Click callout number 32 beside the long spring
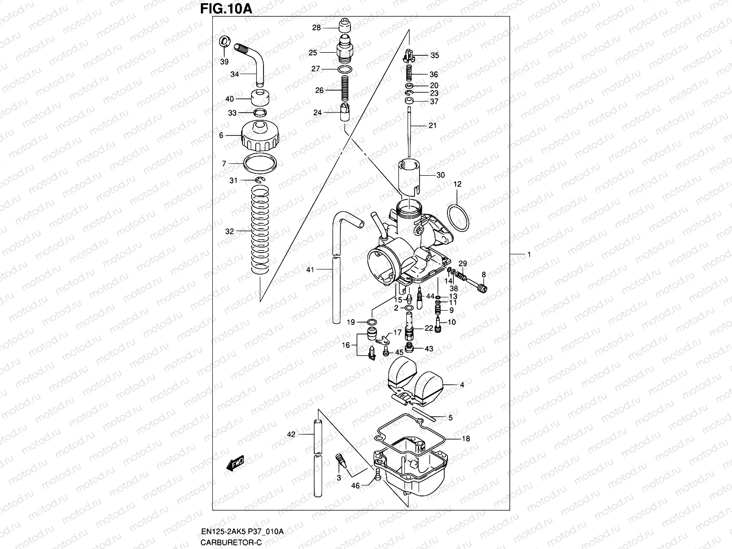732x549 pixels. (229, 231)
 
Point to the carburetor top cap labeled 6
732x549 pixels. (259, 136)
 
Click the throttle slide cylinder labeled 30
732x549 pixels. (409, 176)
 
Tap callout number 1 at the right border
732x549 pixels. (529, 254)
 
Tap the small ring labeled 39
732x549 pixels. (225, 41)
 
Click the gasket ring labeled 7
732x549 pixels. (260, 163)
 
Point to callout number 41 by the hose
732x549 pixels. (310, 270)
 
